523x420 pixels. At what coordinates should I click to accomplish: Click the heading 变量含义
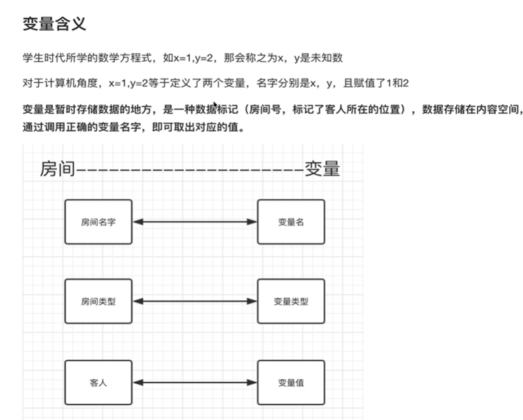[x=54, y=25]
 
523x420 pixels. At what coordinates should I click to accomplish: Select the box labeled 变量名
[x=291, y=222]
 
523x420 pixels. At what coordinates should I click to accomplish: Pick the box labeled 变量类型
[x=291, y=302]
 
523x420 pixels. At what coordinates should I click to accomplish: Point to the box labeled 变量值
[x=291, y=382]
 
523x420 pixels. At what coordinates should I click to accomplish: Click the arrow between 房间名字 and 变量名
[x=194, y=222]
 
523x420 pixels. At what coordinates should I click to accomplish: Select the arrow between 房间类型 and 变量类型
[x=194, y=302]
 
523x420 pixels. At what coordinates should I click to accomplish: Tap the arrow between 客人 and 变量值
[x=194, y=382]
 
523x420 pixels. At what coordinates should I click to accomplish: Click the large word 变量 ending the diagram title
[x=322, y=169]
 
